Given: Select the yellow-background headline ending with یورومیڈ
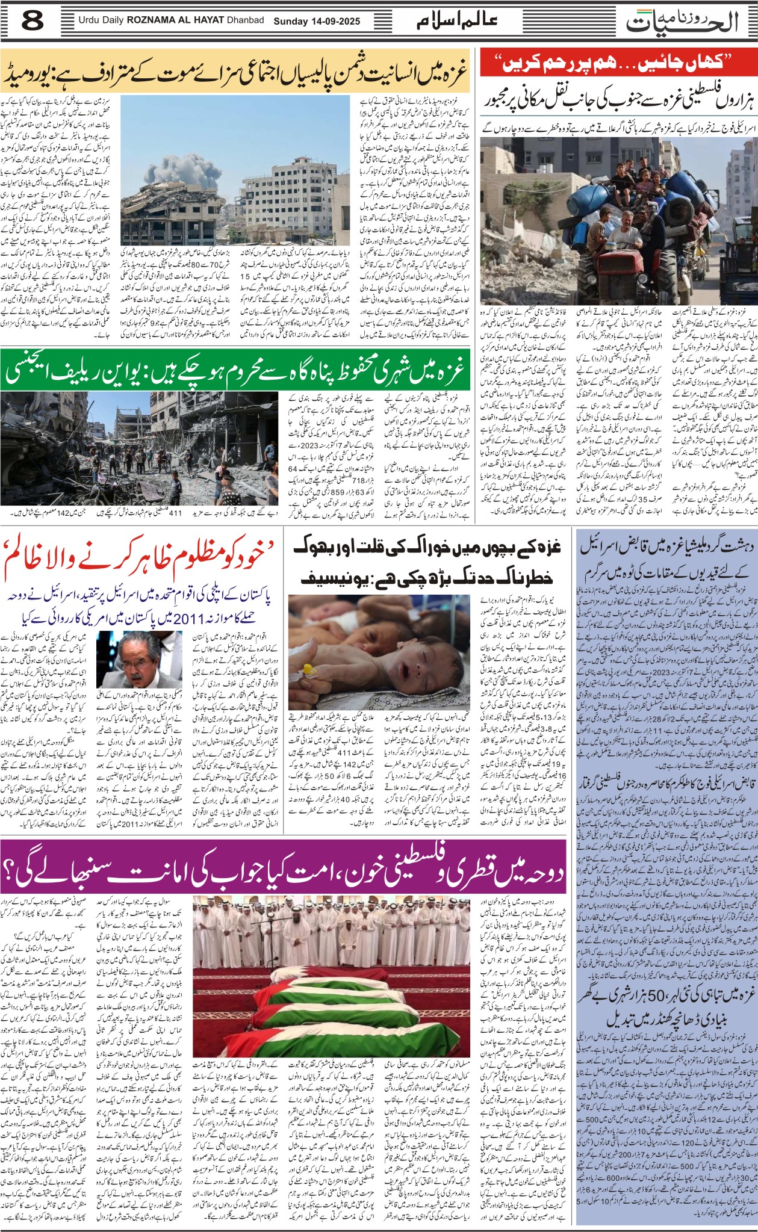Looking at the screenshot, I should pos(235,72).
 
